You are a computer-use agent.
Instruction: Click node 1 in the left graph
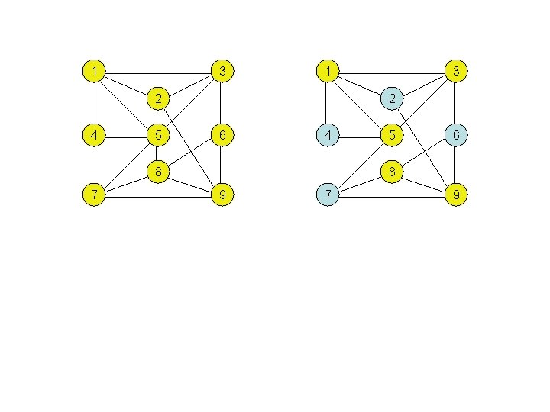(93, 72)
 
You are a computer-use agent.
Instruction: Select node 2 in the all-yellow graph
(157, 98)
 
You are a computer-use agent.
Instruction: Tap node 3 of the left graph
(222, 72)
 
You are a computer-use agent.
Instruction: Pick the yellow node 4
(93, 136)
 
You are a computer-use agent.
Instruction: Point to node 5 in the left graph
(157, 136)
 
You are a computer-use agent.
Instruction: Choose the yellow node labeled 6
(222, 136)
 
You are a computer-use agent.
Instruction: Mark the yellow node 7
(93, 195)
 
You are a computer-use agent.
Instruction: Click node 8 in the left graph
(157, 172)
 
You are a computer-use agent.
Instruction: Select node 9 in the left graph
(222, 195)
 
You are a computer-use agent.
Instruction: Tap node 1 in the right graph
(328, 72)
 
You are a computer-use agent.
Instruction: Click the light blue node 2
(392, 98)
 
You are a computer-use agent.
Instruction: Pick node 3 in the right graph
(456, 72)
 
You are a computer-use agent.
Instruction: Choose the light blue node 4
(328, 136)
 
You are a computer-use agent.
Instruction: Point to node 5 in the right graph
(392, 136)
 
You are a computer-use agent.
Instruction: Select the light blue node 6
(456, 136)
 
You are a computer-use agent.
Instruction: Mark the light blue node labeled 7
(328, 195)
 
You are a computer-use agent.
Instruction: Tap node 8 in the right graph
(392, 172)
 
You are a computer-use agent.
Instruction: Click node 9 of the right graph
(456, 195)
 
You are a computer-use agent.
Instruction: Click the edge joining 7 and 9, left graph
(157, 196)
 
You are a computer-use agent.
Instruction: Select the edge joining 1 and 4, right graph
(328, 104)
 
